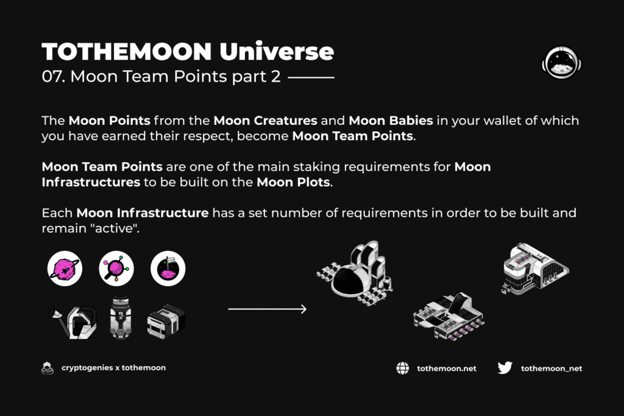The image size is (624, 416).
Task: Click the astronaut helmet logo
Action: coord(561,63)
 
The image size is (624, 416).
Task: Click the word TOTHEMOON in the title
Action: coord(127,52)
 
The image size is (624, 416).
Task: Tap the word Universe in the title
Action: coord(277,51)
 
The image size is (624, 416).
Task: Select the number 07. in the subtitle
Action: coord(54,76)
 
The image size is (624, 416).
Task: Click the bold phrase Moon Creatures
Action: coord(266,121)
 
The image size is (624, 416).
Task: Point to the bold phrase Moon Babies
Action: coord(391,121)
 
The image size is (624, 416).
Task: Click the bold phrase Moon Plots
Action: coord(293,182)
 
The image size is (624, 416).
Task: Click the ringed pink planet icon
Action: coord(65,269)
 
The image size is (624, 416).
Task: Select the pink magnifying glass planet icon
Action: coord(116,269)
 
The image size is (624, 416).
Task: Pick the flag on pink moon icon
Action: coord(168,269)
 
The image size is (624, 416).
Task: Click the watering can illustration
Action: coord(73,322)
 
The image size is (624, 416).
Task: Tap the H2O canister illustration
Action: coord(120,317)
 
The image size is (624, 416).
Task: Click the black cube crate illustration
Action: coord(166,322)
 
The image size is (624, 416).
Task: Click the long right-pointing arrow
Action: coord(268,309)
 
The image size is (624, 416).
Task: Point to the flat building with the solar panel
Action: coord(448,317)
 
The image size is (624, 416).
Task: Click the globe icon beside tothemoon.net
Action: coord(403,368)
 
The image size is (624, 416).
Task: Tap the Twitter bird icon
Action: coord(505,368)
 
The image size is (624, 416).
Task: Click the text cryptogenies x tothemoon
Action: coord(113,368)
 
